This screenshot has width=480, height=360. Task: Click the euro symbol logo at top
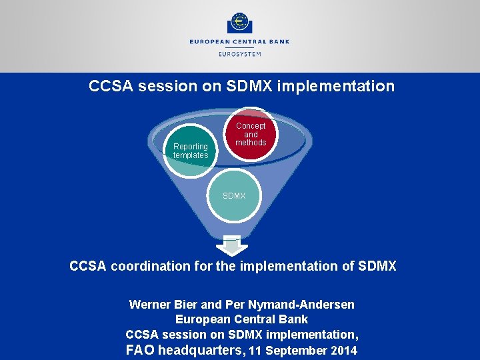click(x=239, y=23)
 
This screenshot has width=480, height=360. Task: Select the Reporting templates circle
click(x=191, y=151)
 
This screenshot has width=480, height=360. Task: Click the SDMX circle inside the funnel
click(x=234, y=196)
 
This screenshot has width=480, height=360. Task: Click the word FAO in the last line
click(x=139, y=350)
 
